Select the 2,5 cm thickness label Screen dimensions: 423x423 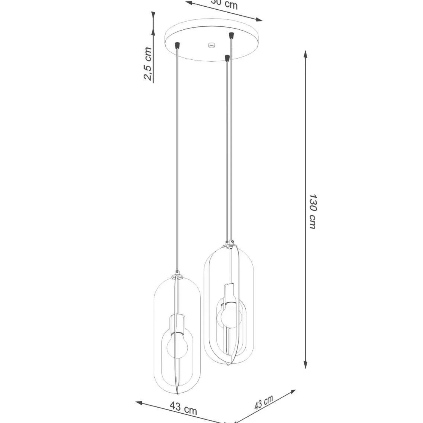pyautogui.click(x=148, y=64)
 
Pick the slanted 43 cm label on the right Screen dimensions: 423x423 pyautogui.click(x=264, y=402)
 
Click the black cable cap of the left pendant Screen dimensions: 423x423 pyautogui.click(x=177, y=45)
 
